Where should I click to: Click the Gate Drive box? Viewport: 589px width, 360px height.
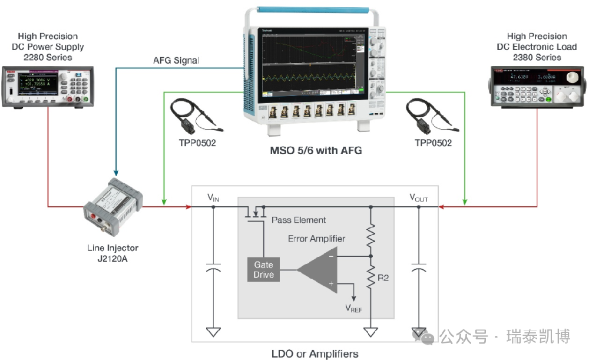[263, 270]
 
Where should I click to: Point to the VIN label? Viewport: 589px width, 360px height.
[213, 199]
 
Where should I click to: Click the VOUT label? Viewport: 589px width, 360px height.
[419, 199]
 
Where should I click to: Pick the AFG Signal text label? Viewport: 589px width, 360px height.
[176, 60]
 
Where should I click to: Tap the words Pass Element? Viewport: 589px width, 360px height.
[299, 220]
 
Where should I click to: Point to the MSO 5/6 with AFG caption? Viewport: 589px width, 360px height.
[315, 151]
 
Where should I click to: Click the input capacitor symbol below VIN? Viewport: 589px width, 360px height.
[213, 269]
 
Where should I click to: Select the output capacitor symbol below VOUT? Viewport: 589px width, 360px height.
[419, 269]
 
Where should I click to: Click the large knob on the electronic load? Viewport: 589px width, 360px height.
[570, 78]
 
